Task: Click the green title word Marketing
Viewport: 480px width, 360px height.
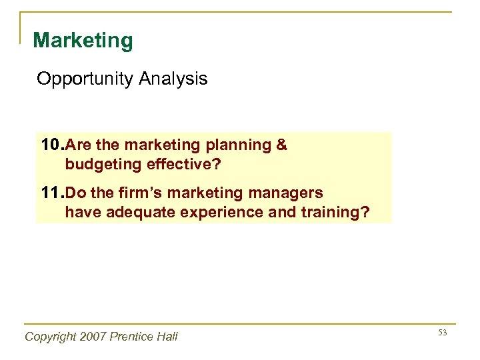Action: point(83,41)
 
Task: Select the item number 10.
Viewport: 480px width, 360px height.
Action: point(52,145)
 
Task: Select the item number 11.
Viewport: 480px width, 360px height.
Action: point(52,193)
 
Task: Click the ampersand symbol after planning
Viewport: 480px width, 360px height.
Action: point(281,145)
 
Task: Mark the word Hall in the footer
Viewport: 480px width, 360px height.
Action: point(169,337)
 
